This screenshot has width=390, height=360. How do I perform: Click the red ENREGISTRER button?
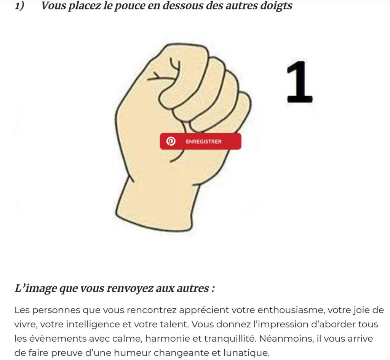(x=200, y=141)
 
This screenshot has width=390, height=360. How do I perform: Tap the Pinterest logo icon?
(x=171, y=141)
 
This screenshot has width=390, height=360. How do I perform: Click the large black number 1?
(x=299, y=82)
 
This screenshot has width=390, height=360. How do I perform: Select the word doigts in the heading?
(x=276, y=6)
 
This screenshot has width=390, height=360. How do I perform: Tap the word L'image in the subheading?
(x=35, y=288)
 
